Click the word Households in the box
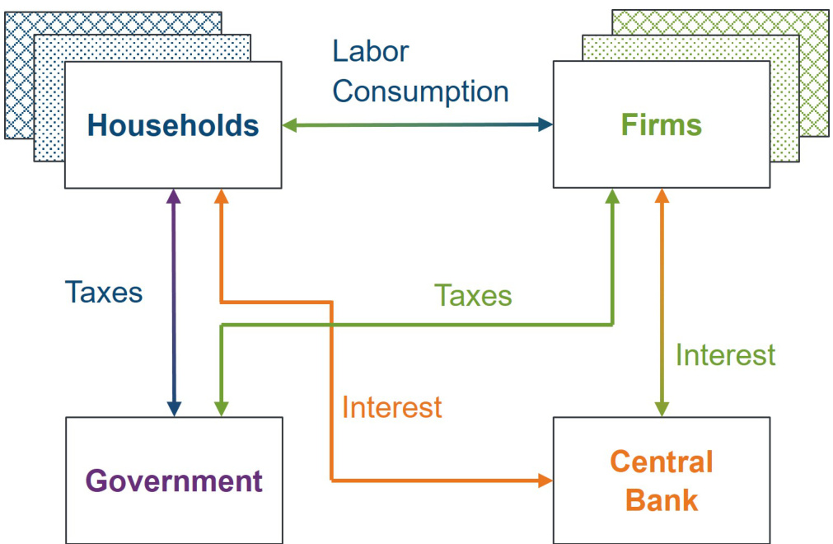coord(173,125)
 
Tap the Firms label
coord(662,124)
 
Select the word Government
coord(174,481)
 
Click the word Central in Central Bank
coord(661,462)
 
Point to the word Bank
coord(661,499)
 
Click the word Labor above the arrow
coord(370,51)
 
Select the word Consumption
coord(420,91)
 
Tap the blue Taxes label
coord(104,292)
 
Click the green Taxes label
coord(473,295)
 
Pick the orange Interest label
coord(391,406)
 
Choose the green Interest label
coord(725,354)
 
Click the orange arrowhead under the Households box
coord(220,197)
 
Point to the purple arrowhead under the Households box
coord(173,197)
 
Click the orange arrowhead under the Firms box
coord(661,197)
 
